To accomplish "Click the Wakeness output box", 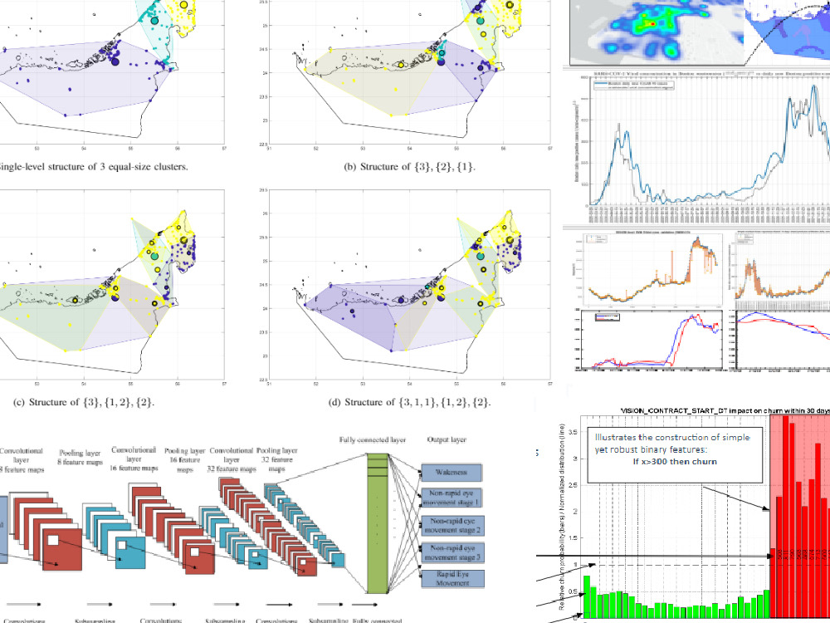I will click(x=456, y=473).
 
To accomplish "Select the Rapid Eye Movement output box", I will click(x=456, y=578).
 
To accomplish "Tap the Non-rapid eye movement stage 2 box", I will click(x=456, y=527).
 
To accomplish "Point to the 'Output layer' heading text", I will click(x=447, y=440).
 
